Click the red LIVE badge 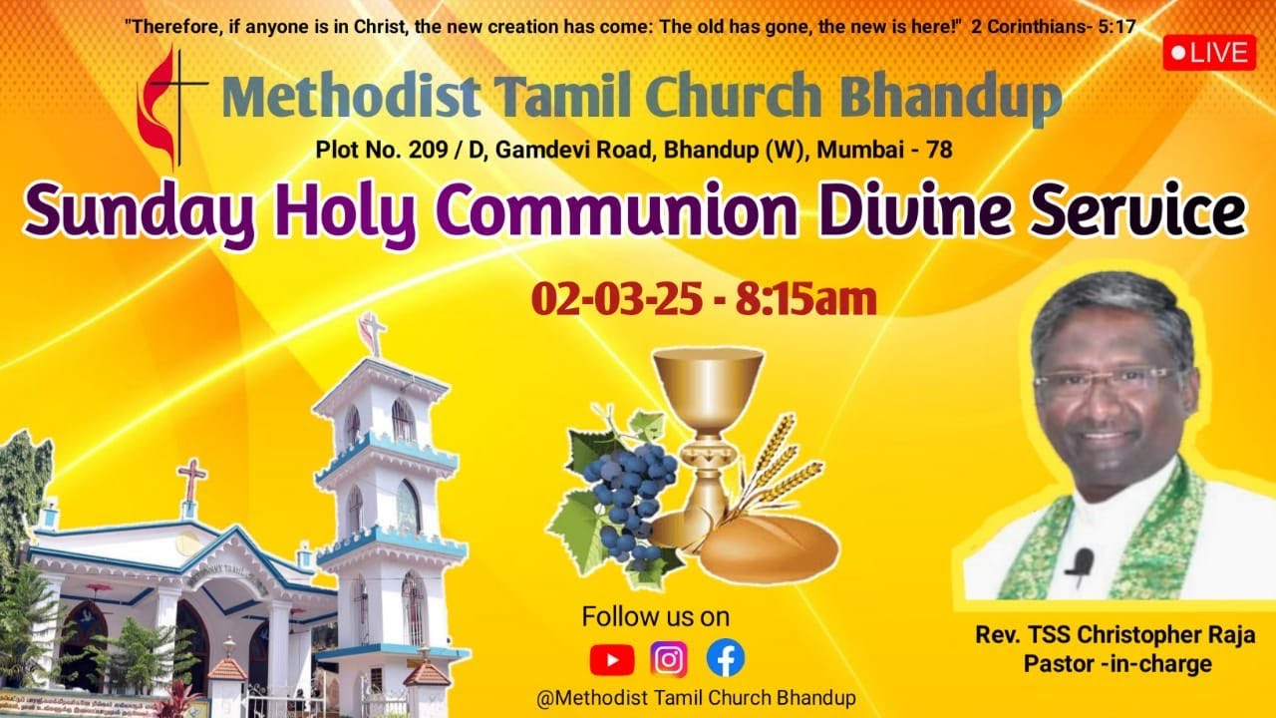[x=1209, y=53]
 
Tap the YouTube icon [x=611, y=659]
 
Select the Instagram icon [x=669, y=659]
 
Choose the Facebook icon [x=726, y=658]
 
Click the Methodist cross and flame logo [x=169, y=105]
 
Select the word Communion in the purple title [x=616, y=212]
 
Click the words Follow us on [x=655, y=616]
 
